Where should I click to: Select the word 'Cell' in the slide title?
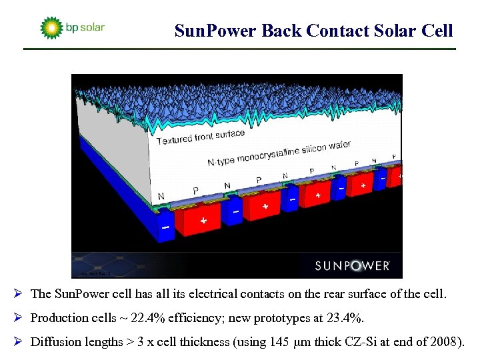[x=437, y=31]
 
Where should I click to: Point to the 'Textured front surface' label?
[x=201, y=137]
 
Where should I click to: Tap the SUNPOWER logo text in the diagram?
[x=352, y=265]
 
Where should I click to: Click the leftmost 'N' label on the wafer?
[x=161, y=197]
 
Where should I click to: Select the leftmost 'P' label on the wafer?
[x=195, y=191]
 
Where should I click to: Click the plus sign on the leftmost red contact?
[x=203, y=220]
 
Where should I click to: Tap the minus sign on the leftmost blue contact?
[x=165, y=227]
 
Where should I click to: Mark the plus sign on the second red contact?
[x=265, y=206]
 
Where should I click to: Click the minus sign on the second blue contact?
[x=235, y=211]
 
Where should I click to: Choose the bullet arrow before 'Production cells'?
[x=22, y=318]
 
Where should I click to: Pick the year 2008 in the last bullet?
[x=445, y=342]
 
